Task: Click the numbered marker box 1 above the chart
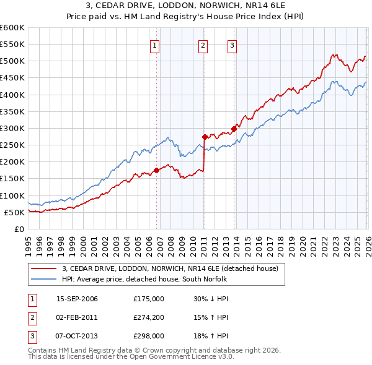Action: (154, 44)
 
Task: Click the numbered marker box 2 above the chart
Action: (203, 44)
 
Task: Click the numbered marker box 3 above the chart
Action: (232, 44)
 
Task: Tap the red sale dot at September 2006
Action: (156, 171)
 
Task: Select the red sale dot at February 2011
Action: (205, 137)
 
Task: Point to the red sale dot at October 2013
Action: (234, 129)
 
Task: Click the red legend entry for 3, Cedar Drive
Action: (174, 268)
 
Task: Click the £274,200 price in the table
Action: (149, 317)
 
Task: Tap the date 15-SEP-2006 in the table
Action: (77, 298)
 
